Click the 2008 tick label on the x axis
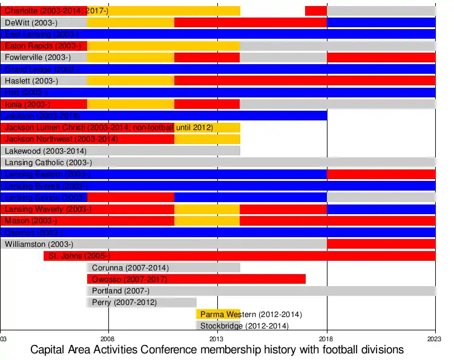click(x=108, y=339)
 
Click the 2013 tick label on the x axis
click(x=217, y=339)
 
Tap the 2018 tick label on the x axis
click(x=327, y=339)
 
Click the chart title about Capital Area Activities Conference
click(x=217, y=350)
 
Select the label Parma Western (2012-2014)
click(x=251, y=315)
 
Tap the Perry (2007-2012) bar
click(x=142, y=303)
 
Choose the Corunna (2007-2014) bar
click(x=163, y=267)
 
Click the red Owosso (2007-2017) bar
click(x=196, y=280)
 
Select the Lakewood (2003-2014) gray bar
click(x=121, y=151)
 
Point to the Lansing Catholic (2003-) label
click(x=48, y=162)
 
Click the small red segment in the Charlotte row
click(x=315, y=11)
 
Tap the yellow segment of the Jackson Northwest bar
click(x=207, y=139)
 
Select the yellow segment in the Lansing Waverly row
click(x=207, y=209)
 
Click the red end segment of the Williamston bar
click(x=381, y=244)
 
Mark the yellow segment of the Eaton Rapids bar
click(x=163, y=46)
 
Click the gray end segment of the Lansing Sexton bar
click(x=381, y=198)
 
